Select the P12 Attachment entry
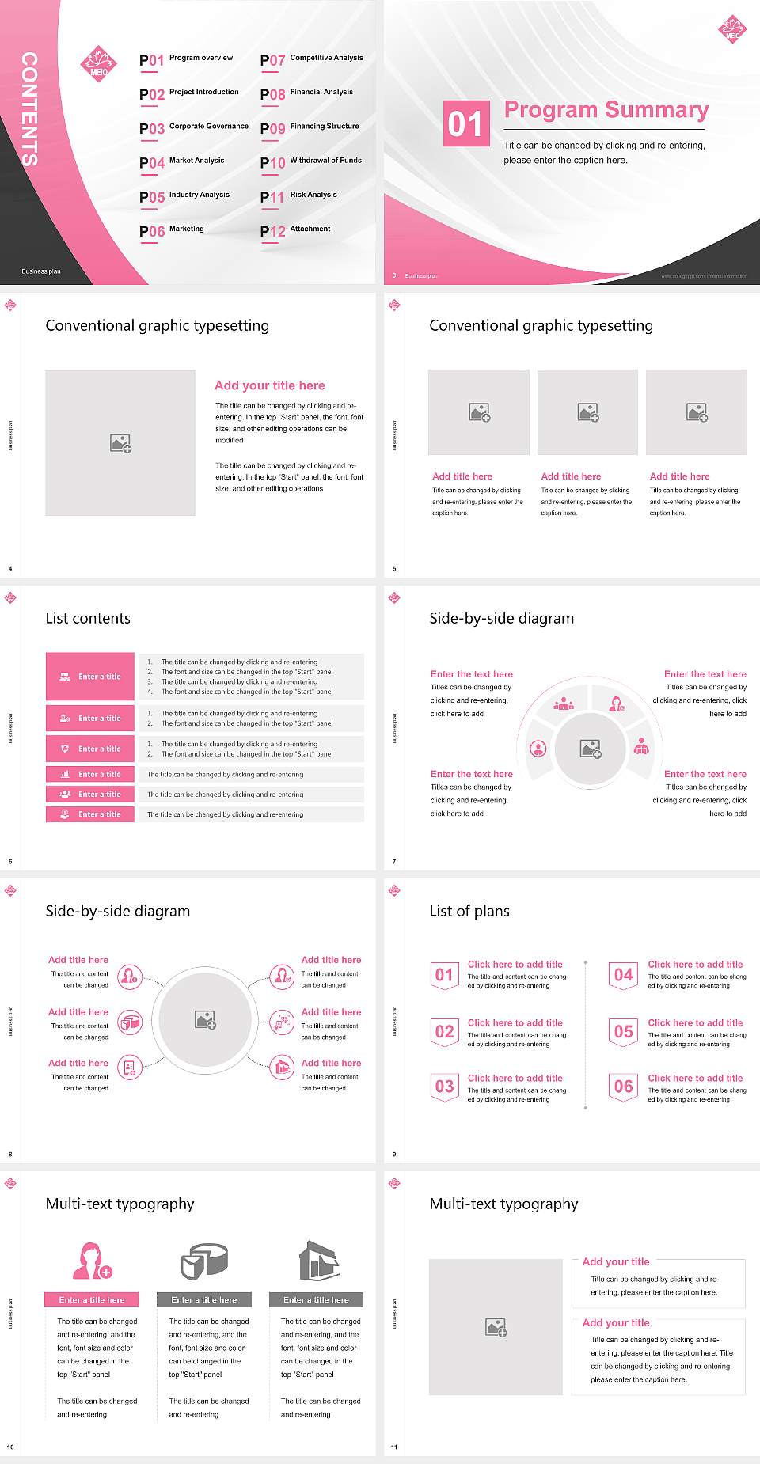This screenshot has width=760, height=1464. point(295,230)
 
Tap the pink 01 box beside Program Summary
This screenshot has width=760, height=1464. point(465,123)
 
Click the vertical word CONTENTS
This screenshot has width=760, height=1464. point(28,109)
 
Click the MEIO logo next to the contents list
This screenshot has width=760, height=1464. point(98,64)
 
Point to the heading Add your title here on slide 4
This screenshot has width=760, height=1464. point(269,385)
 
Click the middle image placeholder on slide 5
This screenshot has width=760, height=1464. point(587,412)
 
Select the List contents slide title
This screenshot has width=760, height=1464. point(88,618)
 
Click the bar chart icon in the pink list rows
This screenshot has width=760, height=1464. point(65,774)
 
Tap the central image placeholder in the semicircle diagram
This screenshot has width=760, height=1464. point(591,749)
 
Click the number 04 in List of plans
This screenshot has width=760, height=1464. point(624,975)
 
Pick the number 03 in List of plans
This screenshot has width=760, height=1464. point(444,1087)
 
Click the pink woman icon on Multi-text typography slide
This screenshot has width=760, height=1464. point(92,1261)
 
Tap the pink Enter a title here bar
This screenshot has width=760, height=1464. point(92,1299)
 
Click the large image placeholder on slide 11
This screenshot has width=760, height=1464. point(496,1327)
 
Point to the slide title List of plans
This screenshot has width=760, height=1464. point(469,911)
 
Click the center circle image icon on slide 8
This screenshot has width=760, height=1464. point(206,1019)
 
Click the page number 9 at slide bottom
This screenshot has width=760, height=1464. point(394,1154)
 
